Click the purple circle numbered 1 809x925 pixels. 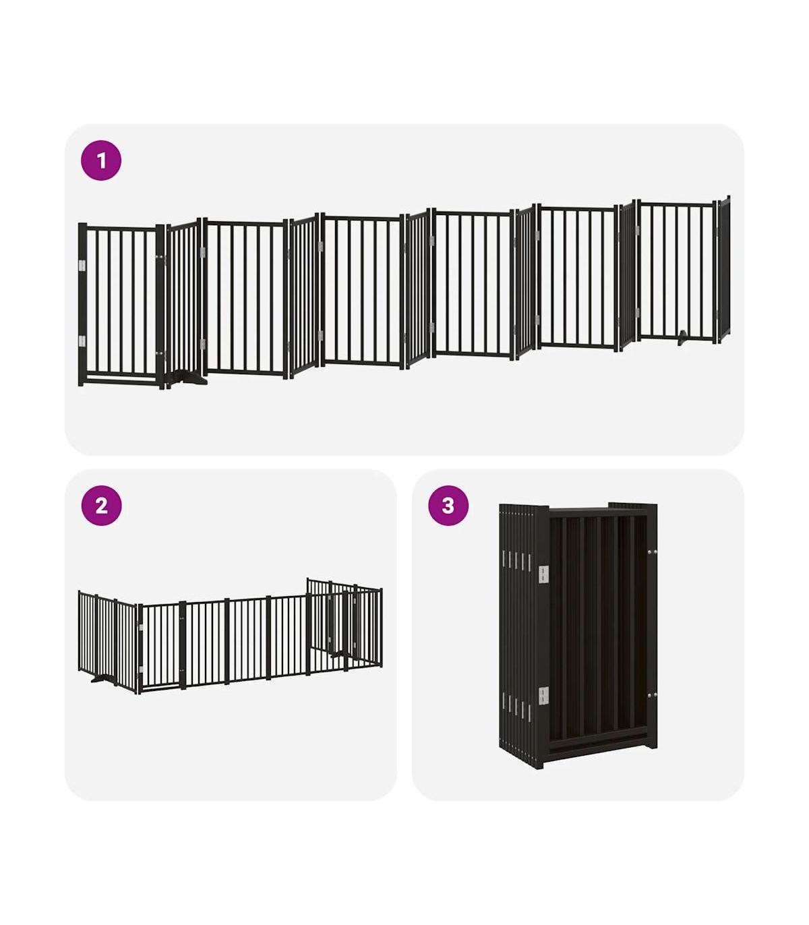tap(101, 160)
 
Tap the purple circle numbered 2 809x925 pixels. tap(101, 506)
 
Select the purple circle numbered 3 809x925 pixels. tap(448, 506)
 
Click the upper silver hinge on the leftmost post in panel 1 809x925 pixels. tap(82, 265)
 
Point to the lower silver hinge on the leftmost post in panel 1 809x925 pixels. tap(82, 341)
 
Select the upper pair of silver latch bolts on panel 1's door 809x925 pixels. tap(160, 258)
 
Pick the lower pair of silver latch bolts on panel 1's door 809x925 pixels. tap(160, 353)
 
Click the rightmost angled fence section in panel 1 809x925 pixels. tap(724, 270)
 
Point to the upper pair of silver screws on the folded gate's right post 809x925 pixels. tap(652, 551)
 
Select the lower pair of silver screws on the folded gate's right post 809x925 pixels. tap(652, 694)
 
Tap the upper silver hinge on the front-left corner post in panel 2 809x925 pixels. tap(140, 627)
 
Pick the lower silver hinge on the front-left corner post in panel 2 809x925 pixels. tap(140, 669)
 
